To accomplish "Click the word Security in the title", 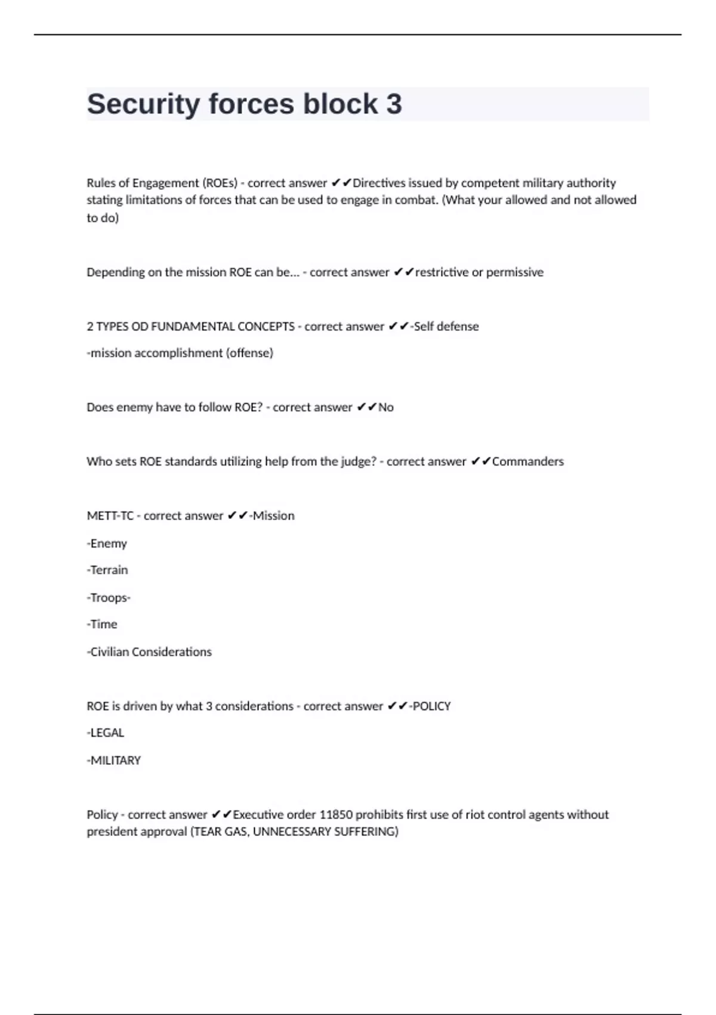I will [x=143, y=104].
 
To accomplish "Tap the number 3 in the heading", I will [x=394, y=104].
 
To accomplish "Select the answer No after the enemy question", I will [x=386, y=407].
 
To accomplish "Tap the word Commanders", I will [x=527, y=462].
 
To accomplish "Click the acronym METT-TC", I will [x=110, y=516].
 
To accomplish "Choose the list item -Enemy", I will [x=107, y=543].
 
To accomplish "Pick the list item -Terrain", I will [x=107, y=570].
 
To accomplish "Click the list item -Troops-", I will [x=109, y=598].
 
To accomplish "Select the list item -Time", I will [x=102, y=625].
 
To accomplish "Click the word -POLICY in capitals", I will [x=430, y=706].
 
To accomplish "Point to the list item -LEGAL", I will [x=106, y=733].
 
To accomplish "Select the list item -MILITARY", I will [x=114, y=761].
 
